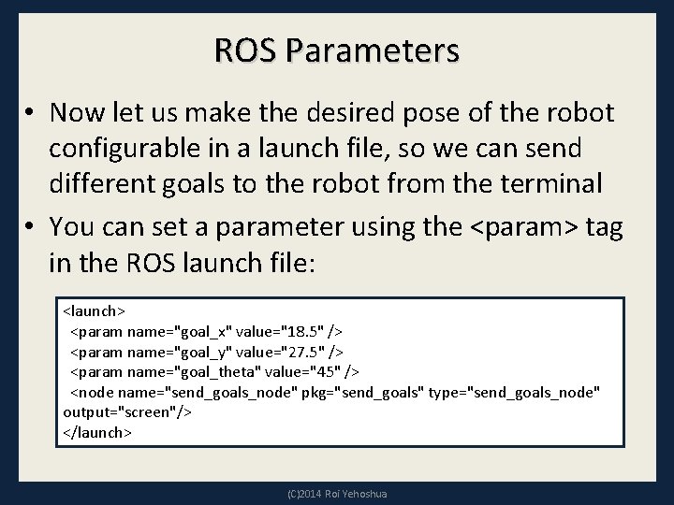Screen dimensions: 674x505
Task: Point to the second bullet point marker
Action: pos(30,227)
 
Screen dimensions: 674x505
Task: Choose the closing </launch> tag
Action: pos(97,433)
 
